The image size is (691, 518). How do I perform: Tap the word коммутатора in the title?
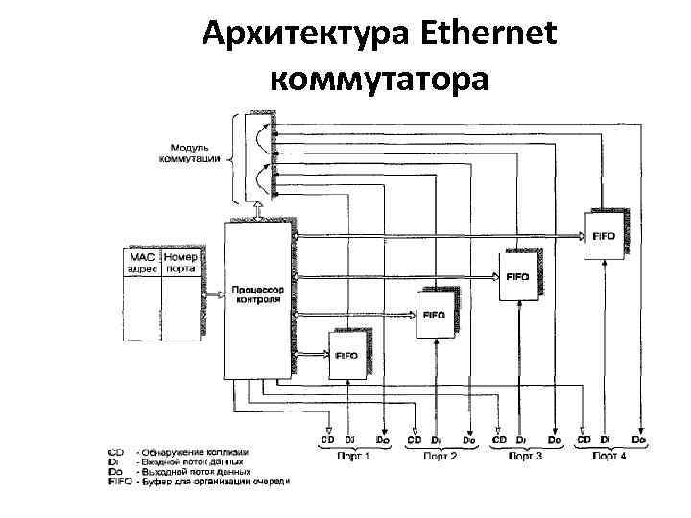(x=380, y=78)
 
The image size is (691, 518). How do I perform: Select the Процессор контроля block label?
(x=255, y=294)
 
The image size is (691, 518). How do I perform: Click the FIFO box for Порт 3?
(x=517, y=276)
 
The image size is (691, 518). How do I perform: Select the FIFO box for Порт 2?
(x=434, y=315)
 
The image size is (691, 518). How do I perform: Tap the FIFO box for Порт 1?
(x=346, y=355)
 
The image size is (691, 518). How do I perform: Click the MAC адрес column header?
(x=140, y=263)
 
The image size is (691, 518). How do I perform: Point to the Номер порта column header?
(x=180, y=263)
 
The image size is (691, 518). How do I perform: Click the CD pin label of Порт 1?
(x=328, y=440)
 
